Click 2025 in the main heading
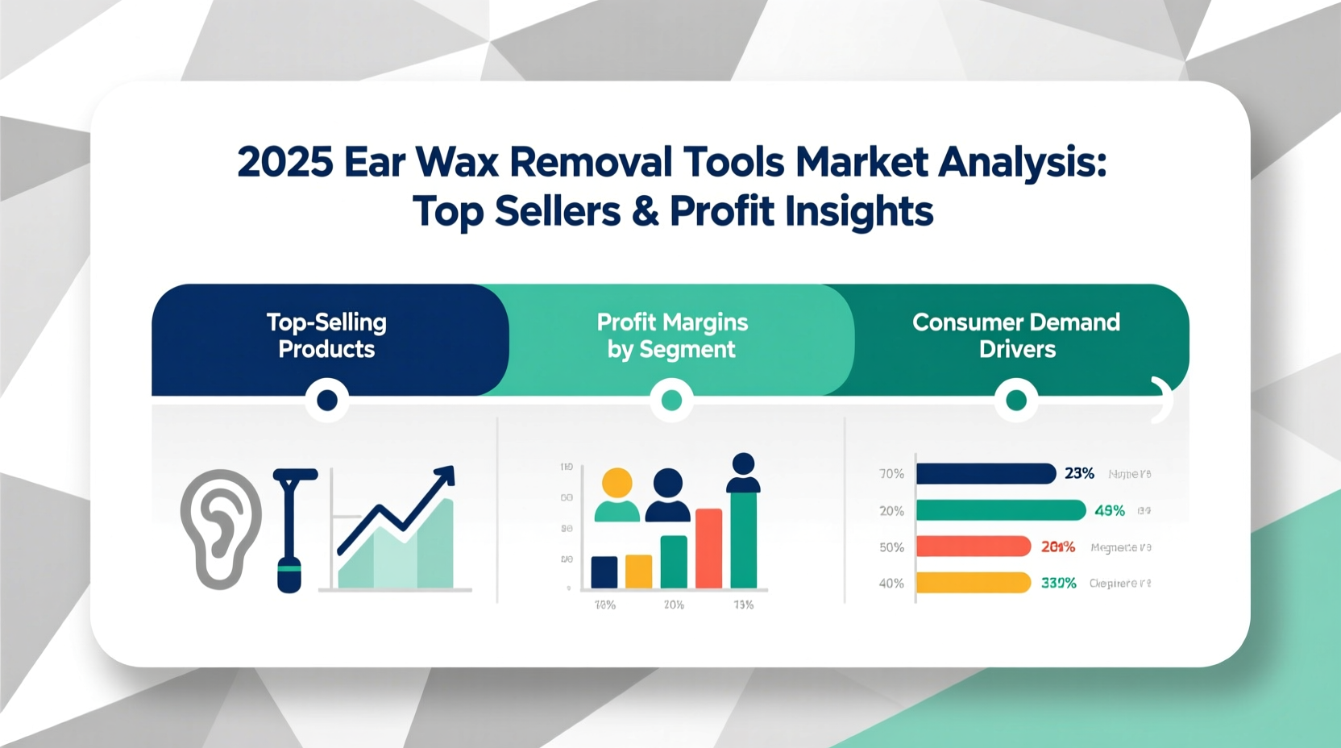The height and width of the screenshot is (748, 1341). pos(285,162)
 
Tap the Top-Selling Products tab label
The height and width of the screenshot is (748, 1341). pos(326,335)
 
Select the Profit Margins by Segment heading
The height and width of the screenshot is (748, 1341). pos(672,335)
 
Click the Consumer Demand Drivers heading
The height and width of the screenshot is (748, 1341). pos(1016,335)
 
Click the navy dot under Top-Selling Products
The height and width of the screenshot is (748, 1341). pos(327,400)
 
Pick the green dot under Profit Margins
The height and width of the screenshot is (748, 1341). pos(671,400)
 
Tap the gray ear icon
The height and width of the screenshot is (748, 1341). pos(220,528)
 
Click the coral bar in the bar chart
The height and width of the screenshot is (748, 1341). pos(708,548)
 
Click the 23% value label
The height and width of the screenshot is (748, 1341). pos(1079,473)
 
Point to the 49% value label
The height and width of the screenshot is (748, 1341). pos(1109,510)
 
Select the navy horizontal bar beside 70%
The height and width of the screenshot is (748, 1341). pos(985,473)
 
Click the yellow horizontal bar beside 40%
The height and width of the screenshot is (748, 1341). pos(974,582)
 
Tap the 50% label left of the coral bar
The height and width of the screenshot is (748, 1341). pos(891,547)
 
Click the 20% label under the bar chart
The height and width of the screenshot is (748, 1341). pos(674,605)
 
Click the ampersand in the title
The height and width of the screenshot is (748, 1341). pos(646,211)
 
